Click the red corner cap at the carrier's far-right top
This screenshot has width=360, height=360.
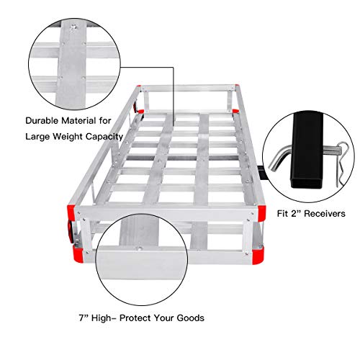pyautogui.click(x=235, y=110)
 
